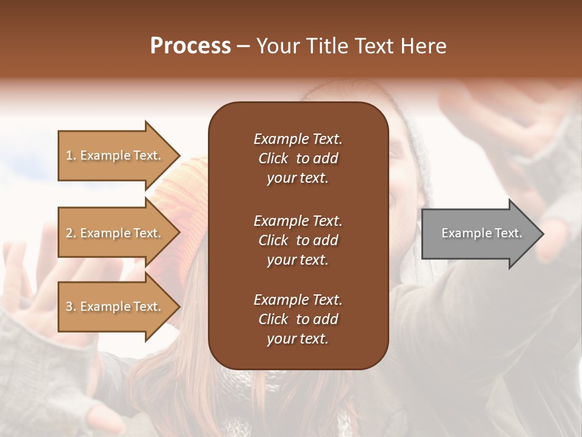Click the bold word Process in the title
[190, 46]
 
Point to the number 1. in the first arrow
[71, 156]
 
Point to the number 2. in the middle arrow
[71, 234]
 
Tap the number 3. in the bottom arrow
[71, 307]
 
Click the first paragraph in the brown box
[298, 158]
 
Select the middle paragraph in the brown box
[298, 240]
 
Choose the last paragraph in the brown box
[298, 319]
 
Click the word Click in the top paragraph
[273, 158]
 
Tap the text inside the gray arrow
[481, 233]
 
